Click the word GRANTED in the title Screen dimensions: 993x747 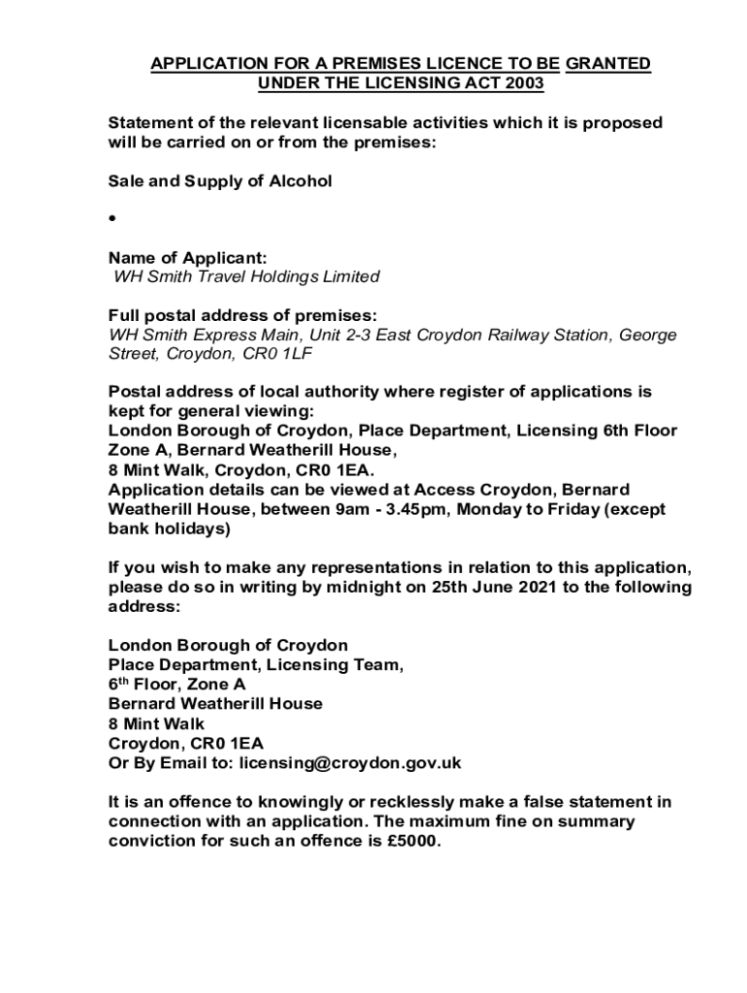(608, 64)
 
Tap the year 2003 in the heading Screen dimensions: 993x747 (524, 83)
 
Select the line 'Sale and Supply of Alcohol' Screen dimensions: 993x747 (220, 181)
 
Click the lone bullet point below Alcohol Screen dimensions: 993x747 (113, 220)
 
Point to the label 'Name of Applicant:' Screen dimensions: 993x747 (187, 258)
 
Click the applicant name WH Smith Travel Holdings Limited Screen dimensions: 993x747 (246, 277)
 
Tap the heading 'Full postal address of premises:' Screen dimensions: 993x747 (242, 316)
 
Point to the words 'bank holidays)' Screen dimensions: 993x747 (170, 529)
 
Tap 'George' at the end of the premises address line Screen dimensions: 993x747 (647, 336)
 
